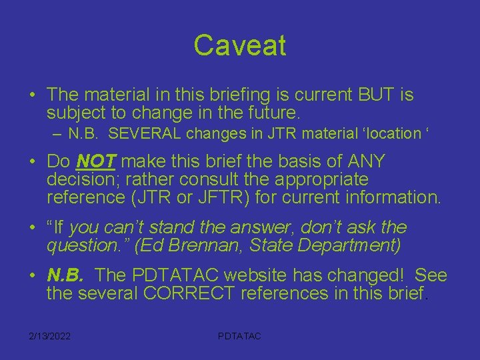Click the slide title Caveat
[240, 45]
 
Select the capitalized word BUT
[366, 95]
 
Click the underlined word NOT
[97, 161]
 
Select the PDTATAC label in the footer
[239, 336]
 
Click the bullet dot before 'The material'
[32, 95]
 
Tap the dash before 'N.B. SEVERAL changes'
[57, 133]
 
